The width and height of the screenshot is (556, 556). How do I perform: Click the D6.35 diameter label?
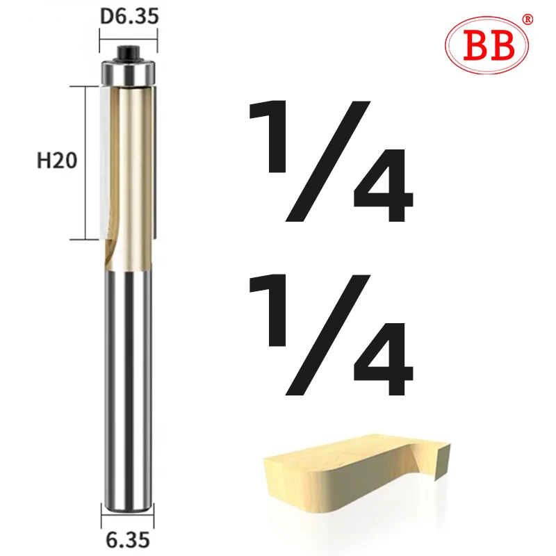pos(129,15)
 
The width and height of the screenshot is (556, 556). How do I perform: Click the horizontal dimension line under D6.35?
pos(129,32)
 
